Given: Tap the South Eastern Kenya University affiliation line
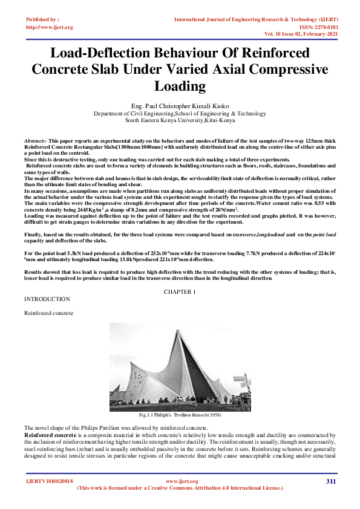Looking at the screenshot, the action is pyautogui.click(x=180, y=120).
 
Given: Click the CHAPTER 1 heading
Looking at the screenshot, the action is pyautogui.click(x=180, y=292).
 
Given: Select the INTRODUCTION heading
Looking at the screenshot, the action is pyautogui.click(x=46, y=299).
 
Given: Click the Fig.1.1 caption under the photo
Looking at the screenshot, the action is pyautogui.click(x=180, y=415).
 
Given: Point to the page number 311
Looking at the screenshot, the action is pyautogui.click(x=330, y=481).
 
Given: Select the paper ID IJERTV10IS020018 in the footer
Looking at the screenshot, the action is pyautogui.click(x=49, y=481).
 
